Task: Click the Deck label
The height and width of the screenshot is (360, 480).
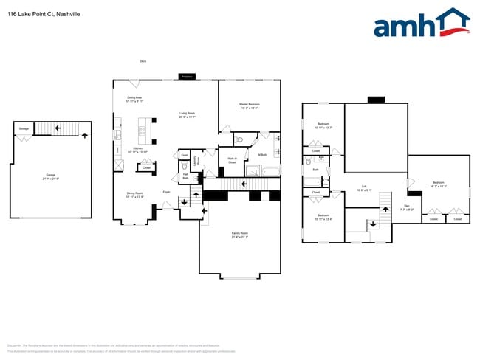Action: coord(143,61)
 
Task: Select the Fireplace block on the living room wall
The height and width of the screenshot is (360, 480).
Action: coord(187,77)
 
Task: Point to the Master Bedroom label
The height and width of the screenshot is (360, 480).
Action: coord(249,106)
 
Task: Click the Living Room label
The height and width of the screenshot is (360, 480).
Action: coord(187,114)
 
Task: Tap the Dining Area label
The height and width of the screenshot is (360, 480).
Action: coord(134,99)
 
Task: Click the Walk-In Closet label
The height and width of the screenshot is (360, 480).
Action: coord(231,159)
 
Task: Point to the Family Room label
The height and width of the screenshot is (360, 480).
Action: coord(239,235)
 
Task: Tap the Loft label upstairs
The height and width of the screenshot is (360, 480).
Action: coord(364,187)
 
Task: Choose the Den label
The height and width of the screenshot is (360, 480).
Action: coord(406,207)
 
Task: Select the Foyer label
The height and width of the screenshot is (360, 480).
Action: coord(167,192)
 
